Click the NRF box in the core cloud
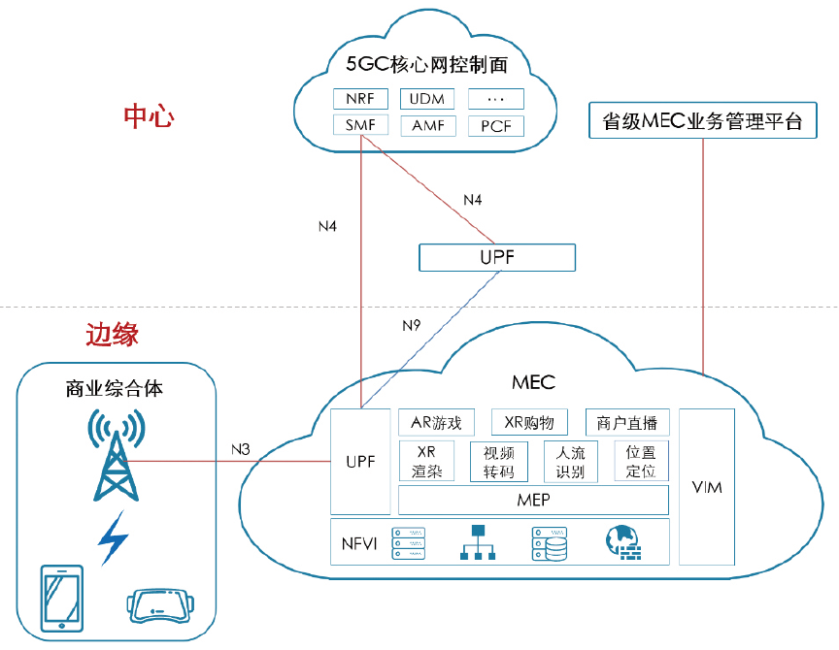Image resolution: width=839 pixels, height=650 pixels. pos(360,99)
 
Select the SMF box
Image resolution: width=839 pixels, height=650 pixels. pos(360,126)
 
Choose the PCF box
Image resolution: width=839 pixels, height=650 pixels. pos(496,126)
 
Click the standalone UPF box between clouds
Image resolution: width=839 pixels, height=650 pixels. pos(496,257)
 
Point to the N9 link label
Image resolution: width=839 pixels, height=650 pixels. pos(413,325)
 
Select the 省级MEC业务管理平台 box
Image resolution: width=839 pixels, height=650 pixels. pos(703,122)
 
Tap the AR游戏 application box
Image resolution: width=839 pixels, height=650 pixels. pos(436,423)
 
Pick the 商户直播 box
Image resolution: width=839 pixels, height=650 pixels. pos(627,423)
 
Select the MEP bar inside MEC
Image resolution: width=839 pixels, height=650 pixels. pos(533,501)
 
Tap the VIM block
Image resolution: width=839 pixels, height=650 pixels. pos(708,487)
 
